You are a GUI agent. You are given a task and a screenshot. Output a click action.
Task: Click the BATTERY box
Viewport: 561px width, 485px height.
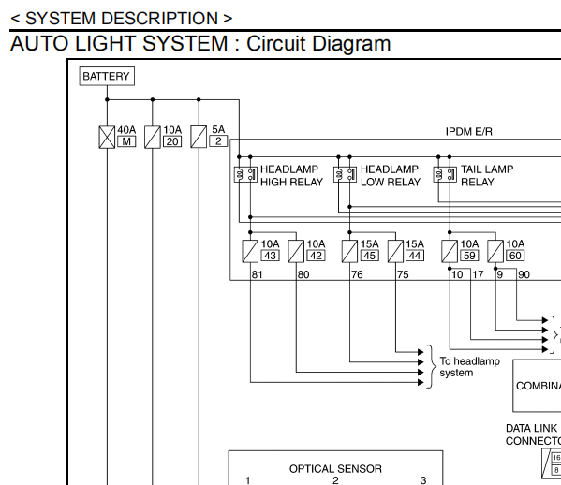[107, 76]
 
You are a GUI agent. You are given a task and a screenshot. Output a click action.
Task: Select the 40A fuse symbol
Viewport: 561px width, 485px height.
[107, 137]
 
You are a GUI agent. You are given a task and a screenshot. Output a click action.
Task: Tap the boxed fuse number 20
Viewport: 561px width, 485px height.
[172, 141]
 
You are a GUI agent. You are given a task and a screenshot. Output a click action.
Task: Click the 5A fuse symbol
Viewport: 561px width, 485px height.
[199, 137]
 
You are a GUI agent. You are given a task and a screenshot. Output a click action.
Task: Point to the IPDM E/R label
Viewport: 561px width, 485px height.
[468, 132]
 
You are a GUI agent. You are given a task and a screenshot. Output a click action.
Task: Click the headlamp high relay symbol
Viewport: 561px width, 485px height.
[245, 174]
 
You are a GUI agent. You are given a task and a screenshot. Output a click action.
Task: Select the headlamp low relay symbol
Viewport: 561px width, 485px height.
[345, 174]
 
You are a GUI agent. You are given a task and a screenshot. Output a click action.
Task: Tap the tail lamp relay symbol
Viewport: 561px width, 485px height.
[445, 174]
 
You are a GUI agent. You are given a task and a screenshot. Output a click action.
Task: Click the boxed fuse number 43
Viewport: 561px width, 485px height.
[270, 256]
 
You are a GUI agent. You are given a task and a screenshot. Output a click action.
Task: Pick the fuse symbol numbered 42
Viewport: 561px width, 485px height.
[296, 251]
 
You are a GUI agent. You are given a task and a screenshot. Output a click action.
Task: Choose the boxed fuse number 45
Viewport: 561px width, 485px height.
[370, 256]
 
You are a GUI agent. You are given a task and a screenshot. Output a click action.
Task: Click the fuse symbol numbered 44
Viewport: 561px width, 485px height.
[396, 251]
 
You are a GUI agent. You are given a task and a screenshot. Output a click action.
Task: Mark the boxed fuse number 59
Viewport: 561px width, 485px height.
[469, 256]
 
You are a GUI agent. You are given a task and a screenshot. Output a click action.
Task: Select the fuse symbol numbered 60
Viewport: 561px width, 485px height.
[495, 251]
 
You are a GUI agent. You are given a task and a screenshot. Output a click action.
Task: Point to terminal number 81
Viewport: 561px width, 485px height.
[258, 274]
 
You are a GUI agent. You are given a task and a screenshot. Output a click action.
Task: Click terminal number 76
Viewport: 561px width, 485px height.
[357, 274]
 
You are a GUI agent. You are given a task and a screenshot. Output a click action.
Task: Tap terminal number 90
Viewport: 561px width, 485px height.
[524, 274]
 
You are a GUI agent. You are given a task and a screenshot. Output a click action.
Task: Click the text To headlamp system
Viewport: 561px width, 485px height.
[469, 367]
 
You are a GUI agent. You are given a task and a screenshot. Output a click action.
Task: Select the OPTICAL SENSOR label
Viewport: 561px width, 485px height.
[335, 469]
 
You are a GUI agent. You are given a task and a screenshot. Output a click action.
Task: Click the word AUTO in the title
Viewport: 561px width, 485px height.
[39, 44]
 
